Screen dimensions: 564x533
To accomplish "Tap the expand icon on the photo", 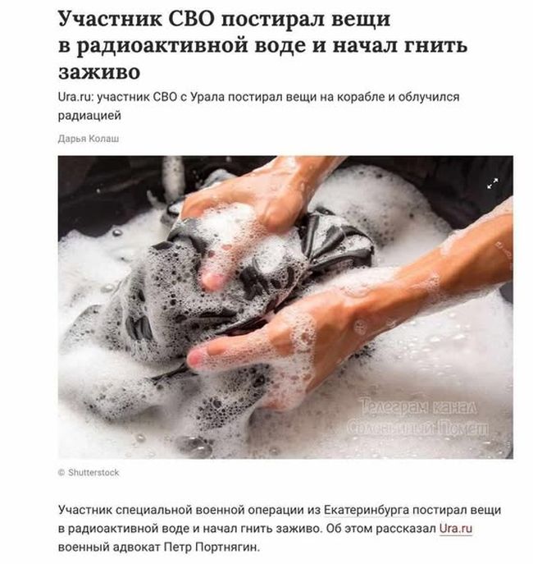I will [x=492, y=183].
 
